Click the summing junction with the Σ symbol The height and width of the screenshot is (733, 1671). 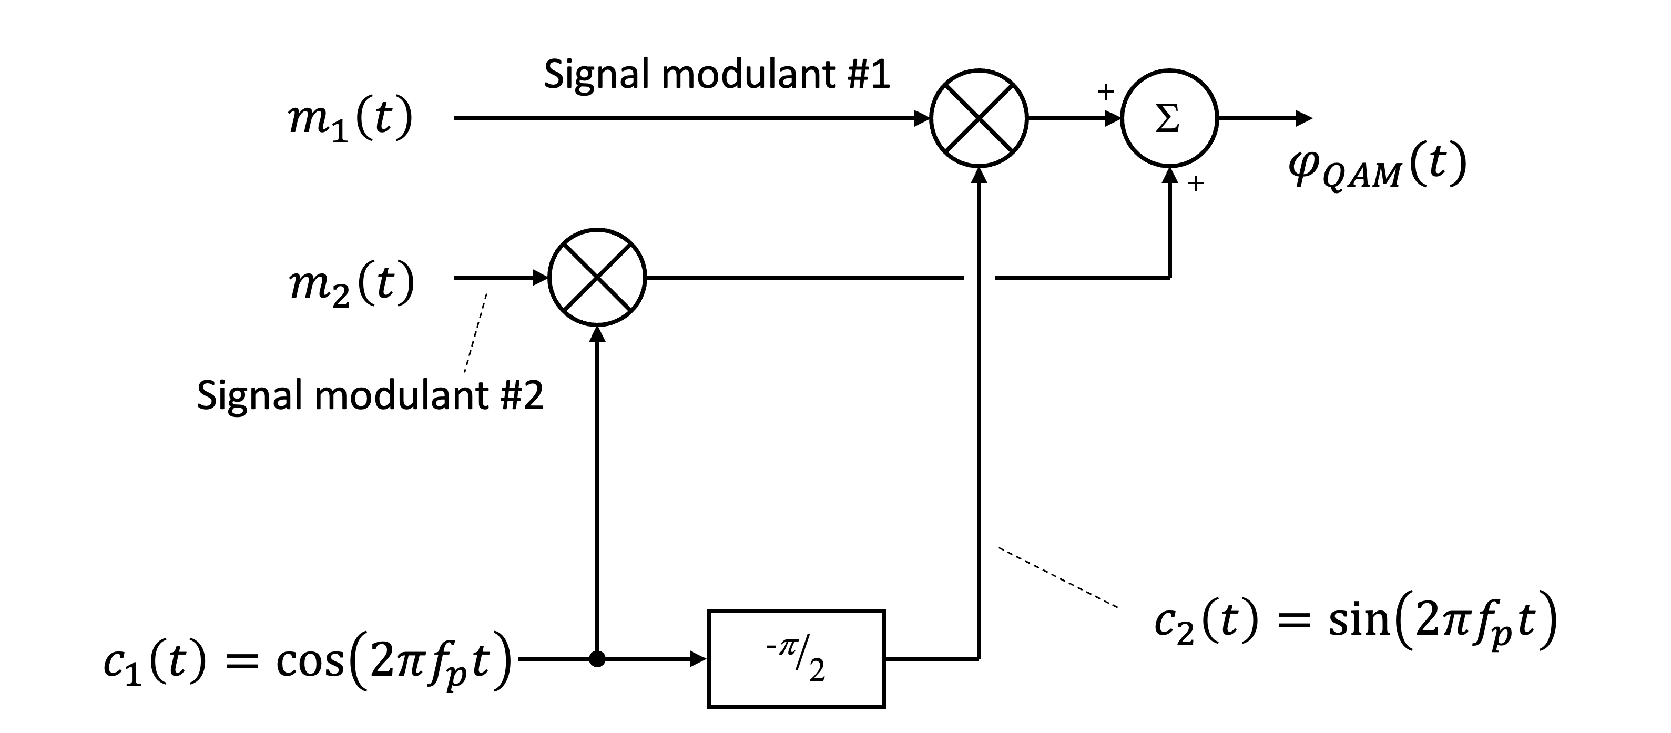1169,119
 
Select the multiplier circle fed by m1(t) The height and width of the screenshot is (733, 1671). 979,119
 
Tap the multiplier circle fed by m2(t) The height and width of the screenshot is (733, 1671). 597,277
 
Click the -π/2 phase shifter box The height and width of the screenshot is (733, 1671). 796,658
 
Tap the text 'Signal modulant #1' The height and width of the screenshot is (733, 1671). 716,74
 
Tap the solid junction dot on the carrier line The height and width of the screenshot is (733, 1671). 597,659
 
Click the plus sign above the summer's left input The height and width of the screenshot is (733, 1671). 1105,91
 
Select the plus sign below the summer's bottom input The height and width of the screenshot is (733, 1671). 1196,184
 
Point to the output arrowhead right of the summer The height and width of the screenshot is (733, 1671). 1304,119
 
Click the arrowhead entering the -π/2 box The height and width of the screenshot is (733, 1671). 698,659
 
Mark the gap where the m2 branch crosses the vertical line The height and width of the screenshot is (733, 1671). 979,277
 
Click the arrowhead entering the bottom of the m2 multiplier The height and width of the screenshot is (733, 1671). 597,333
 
